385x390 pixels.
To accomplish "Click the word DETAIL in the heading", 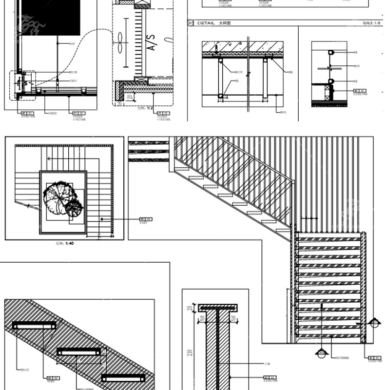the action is [x=206, y=23].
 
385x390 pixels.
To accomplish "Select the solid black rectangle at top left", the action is [x=49, y=18].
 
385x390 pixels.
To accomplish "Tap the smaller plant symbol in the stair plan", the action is [x=74, y=209].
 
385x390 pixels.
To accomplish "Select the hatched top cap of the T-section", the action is [x=217, y=308].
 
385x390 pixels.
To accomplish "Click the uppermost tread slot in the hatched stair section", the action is [x=34, y=325].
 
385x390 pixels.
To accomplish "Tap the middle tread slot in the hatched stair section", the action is [x=78, y=351].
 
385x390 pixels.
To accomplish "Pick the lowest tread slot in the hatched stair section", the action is [x=123, y=378].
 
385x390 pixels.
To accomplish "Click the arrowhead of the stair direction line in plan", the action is [x=48, y=158].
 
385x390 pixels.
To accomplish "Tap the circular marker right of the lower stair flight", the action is [x=374, y=322].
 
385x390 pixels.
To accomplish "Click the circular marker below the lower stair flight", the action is [x=321, y=353].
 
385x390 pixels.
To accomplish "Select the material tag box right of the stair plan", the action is [x=143, y=219].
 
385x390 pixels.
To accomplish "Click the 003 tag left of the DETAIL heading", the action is [x=191, y=23].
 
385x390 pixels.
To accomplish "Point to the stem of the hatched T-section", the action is [x=217, y=351].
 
